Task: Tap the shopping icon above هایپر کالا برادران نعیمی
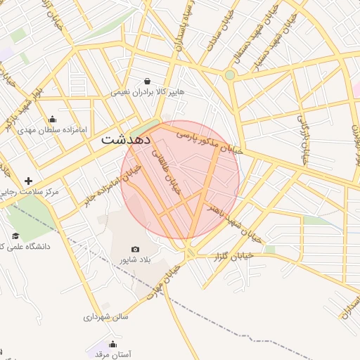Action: pyautogui.click(x=147, y=82)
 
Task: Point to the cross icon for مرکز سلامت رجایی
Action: pyautogui.click(x=28, y=181)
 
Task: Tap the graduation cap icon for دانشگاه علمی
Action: pyautogui.click(x=15, y=236)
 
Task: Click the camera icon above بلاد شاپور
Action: pyautogui.click(x=135, y=250)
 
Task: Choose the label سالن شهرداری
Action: pyautogui.click(x=105, y=317)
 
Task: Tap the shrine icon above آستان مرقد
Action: pyautogui.click(x=113, y=344)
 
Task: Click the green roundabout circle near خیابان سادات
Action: pyautogui.click(x=229, y=75)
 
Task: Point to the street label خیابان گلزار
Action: pyautogui.click(x=232, y=257)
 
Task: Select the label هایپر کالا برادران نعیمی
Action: pyautogui.click(x=147, y=93)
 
